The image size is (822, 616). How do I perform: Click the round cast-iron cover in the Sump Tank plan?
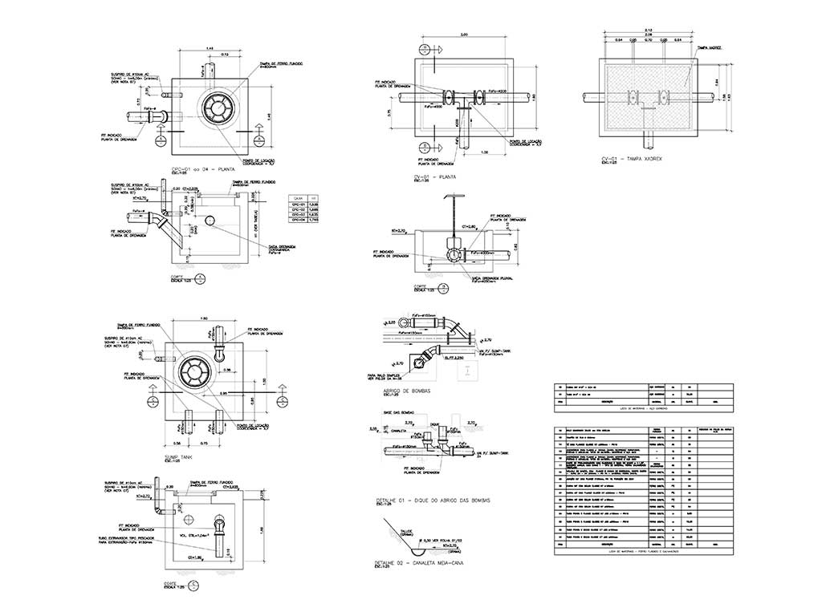[197, 371]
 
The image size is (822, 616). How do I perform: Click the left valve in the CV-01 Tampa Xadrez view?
[632, 98]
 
